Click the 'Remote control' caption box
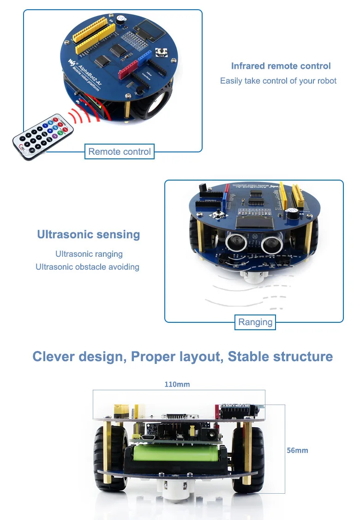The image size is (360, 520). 120,151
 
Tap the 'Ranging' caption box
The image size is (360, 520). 255,322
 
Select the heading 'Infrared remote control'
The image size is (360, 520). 281,66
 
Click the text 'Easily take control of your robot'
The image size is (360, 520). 278,81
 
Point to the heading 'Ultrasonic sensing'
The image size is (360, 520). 88,235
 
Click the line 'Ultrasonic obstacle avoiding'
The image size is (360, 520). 87,267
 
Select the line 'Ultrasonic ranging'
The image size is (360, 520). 89,254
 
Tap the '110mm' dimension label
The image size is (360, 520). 177,384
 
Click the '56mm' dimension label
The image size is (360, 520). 297,450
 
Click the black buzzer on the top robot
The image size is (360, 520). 120,20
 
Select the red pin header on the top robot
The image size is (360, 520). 129,69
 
